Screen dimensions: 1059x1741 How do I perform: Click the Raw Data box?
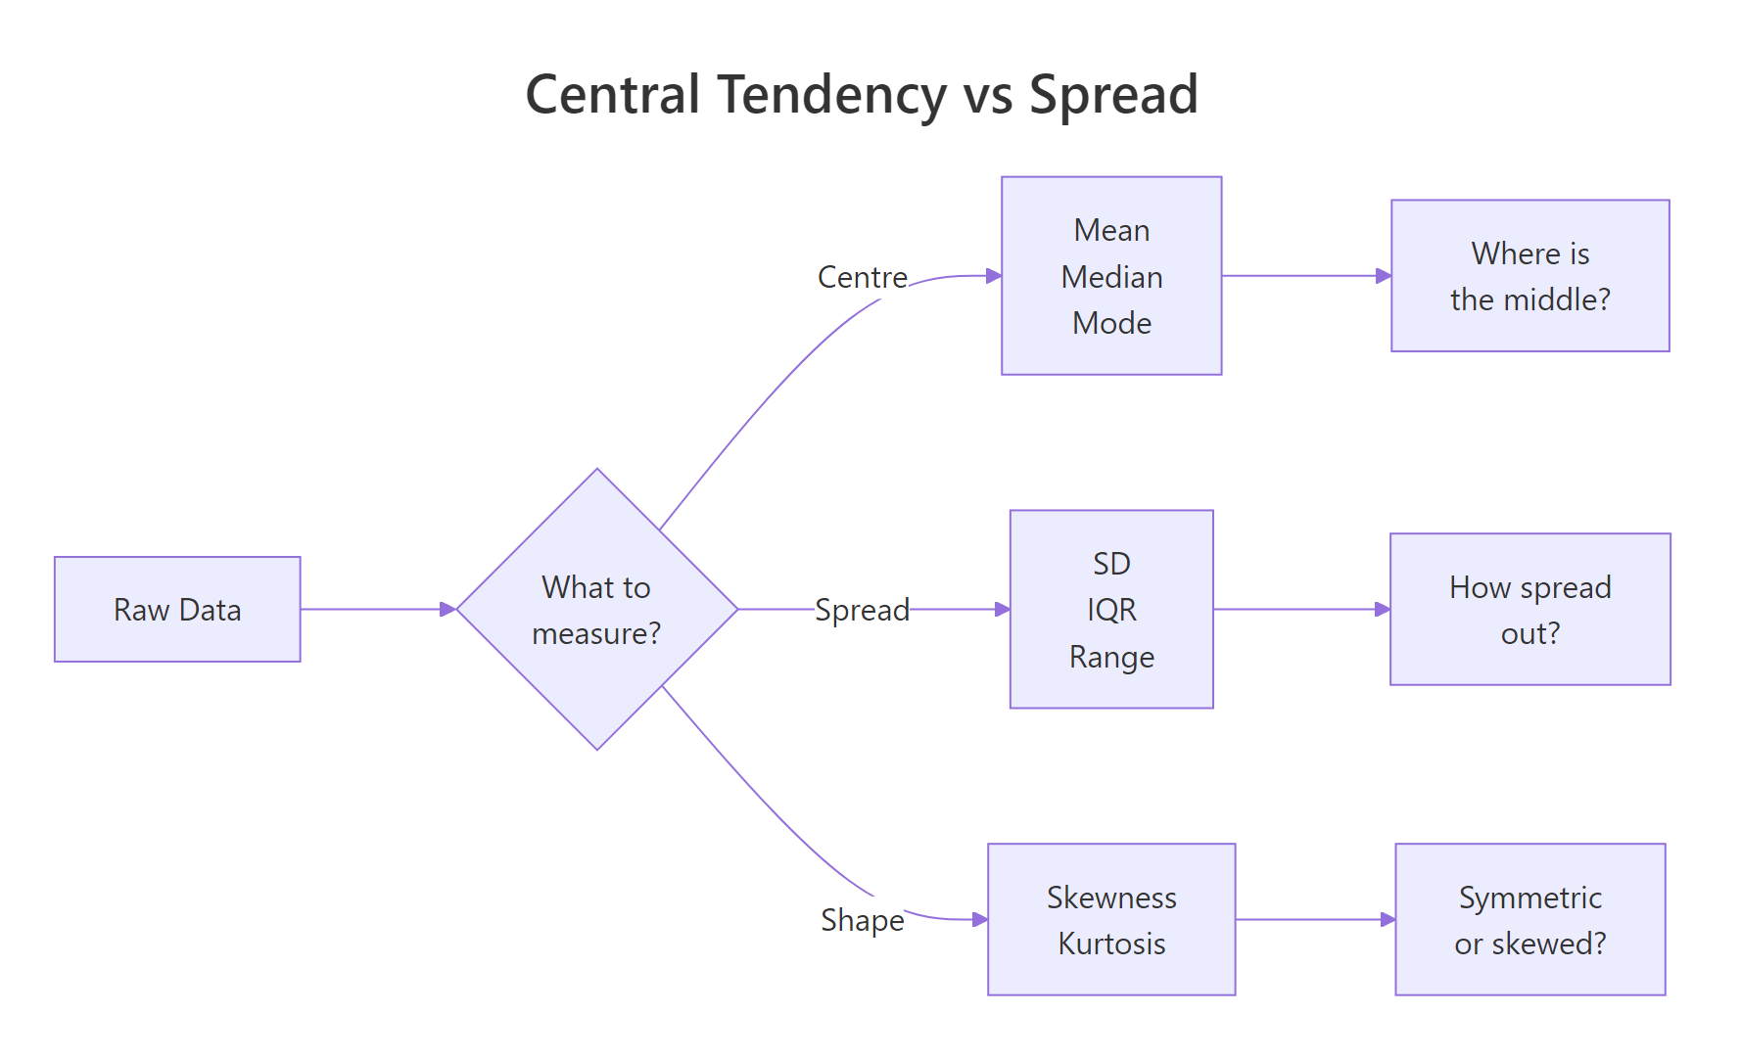pyautogui.click(x=177, y=609)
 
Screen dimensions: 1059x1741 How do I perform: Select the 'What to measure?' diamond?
pyautogui.click(x=596, y=609)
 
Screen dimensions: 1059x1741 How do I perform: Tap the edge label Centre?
pyautogui.click(x=862, y=277)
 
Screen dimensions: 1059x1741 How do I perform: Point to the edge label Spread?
pyautogui.click(x=862, y=609)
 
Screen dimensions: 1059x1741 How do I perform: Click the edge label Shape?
pyautogui.click(x=862, y=920)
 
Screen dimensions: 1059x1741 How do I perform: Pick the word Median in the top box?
pyautogui.click(x=1111, y=277)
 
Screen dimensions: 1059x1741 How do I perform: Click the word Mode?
pyautogui.click(x=1111, y=323)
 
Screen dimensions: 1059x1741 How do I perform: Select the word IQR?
pyautogui.click(x=1111, y=610)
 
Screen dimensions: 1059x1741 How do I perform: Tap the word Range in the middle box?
pyautogui.click(x=1111, y=657)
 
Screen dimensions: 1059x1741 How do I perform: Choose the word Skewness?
pyautogui.click(x=1111, y=897)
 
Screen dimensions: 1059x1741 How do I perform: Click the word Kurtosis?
pyautogui.click(x=1111, y=944)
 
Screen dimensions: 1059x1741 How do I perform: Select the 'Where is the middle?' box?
pyautogui.click(x=1529, y=276)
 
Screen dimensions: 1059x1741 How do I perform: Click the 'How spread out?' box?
pyautogui.click(x=1529, y=609)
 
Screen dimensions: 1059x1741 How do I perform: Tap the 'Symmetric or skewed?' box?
pyautogui.click(x=1529, y=920)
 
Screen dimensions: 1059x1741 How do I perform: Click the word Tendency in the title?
pyautogui.click(x=831, y=95)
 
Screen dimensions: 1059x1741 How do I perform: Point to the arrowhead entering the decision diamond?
pyautogui.click(x=448, y=609)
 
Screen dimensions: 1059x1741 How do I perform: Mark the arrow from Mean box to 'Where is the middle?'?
pyautogui.click(x=1305, y=276)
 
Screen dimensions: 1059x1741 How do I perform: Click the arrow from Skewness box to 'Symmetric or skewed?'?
pyautogui.click(x=1314, y=920)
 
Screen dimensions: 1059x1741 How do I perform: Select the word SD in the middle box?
pyautogui.click(x=1111, y=564)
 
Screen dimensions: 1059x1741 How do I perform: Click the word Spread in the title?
pyautogui.click(x=1113, y=95)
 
